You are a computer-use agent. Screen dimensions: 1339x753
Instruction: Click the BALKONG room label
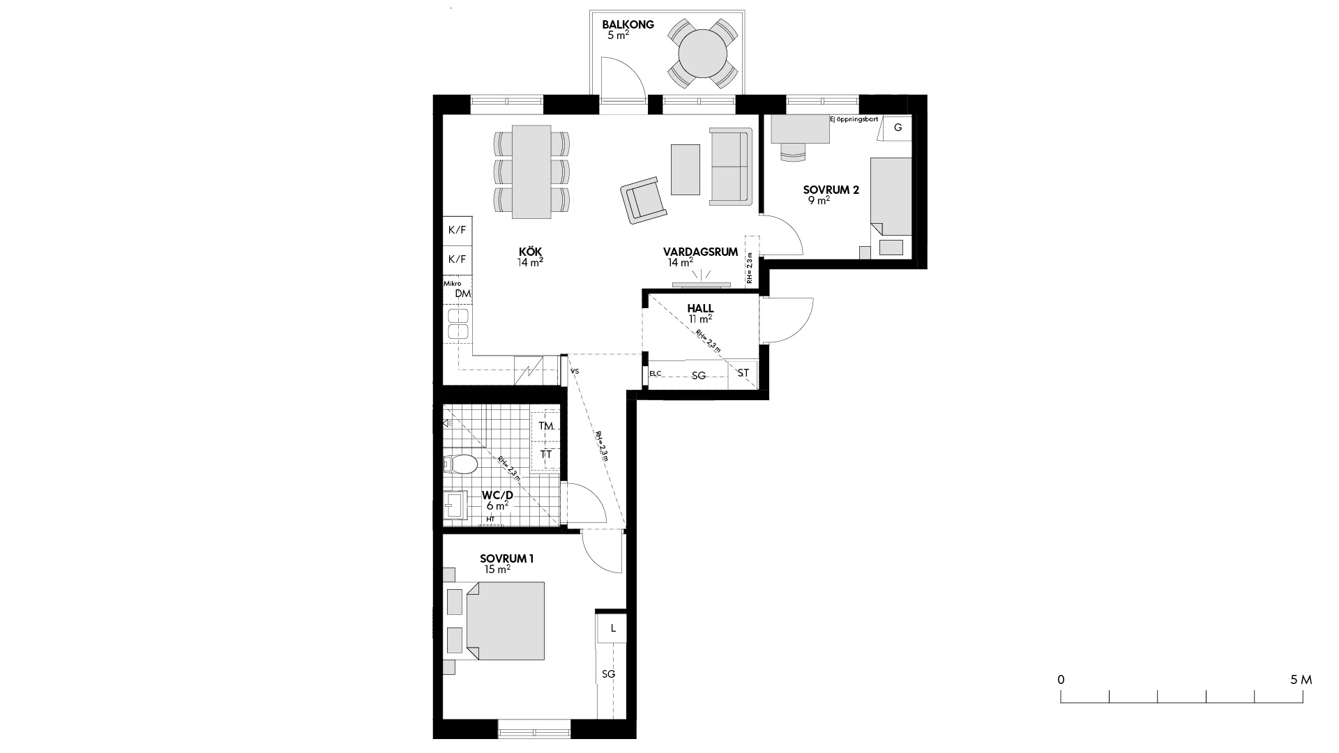click(x=628, y=25)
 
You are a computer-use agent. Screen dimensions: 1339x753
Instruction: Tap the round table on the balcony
click(x=703, y=55)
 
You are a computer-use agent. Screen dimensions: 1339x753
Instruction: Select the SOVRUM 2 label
click(x=831, y=190)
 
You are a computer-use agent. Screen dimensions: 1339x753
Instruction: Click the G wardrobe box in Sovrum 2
click(x=898, y=128)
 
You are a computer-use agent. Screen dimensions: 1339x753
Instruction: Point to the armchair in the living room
click(x=643, y=200)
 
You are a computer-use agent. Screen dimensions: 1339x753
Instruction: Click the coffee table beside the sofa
click(x=686, y=169)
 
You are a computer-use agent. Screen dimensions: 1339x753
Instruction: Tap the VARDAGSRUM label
click(x=700, y=252)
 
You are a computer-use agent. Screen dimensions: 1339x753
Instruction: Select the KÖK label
click(x=530, y=252)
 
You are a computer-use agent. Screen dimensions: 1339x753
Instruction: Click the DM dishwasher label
click(x=463, y=294)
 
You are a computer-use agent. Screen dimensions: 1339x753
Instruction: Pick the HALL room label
click(x=700, y=308)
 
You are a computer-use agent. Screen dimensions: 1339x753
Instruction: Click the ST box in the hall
click(x=743, y=373)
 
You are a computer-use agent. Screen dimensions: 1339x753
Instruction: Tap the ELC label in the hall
click(x=655, y=374)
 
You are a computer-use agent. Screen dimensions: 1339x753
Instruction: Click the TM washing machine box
click(x=546, y=426)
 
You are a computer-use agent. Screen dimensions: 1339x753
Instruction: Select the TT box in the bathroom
click(x=546, y=455)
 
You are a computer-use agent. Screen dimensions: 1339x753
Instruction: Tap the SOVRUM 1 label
click(x=507, y=558)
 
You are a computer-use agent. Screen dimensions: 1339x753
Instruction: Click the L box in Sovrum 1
click(x=613, y=628)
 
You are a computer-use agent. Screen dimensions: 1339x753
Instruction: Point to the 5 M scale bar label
click(x=1301, y=680)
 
